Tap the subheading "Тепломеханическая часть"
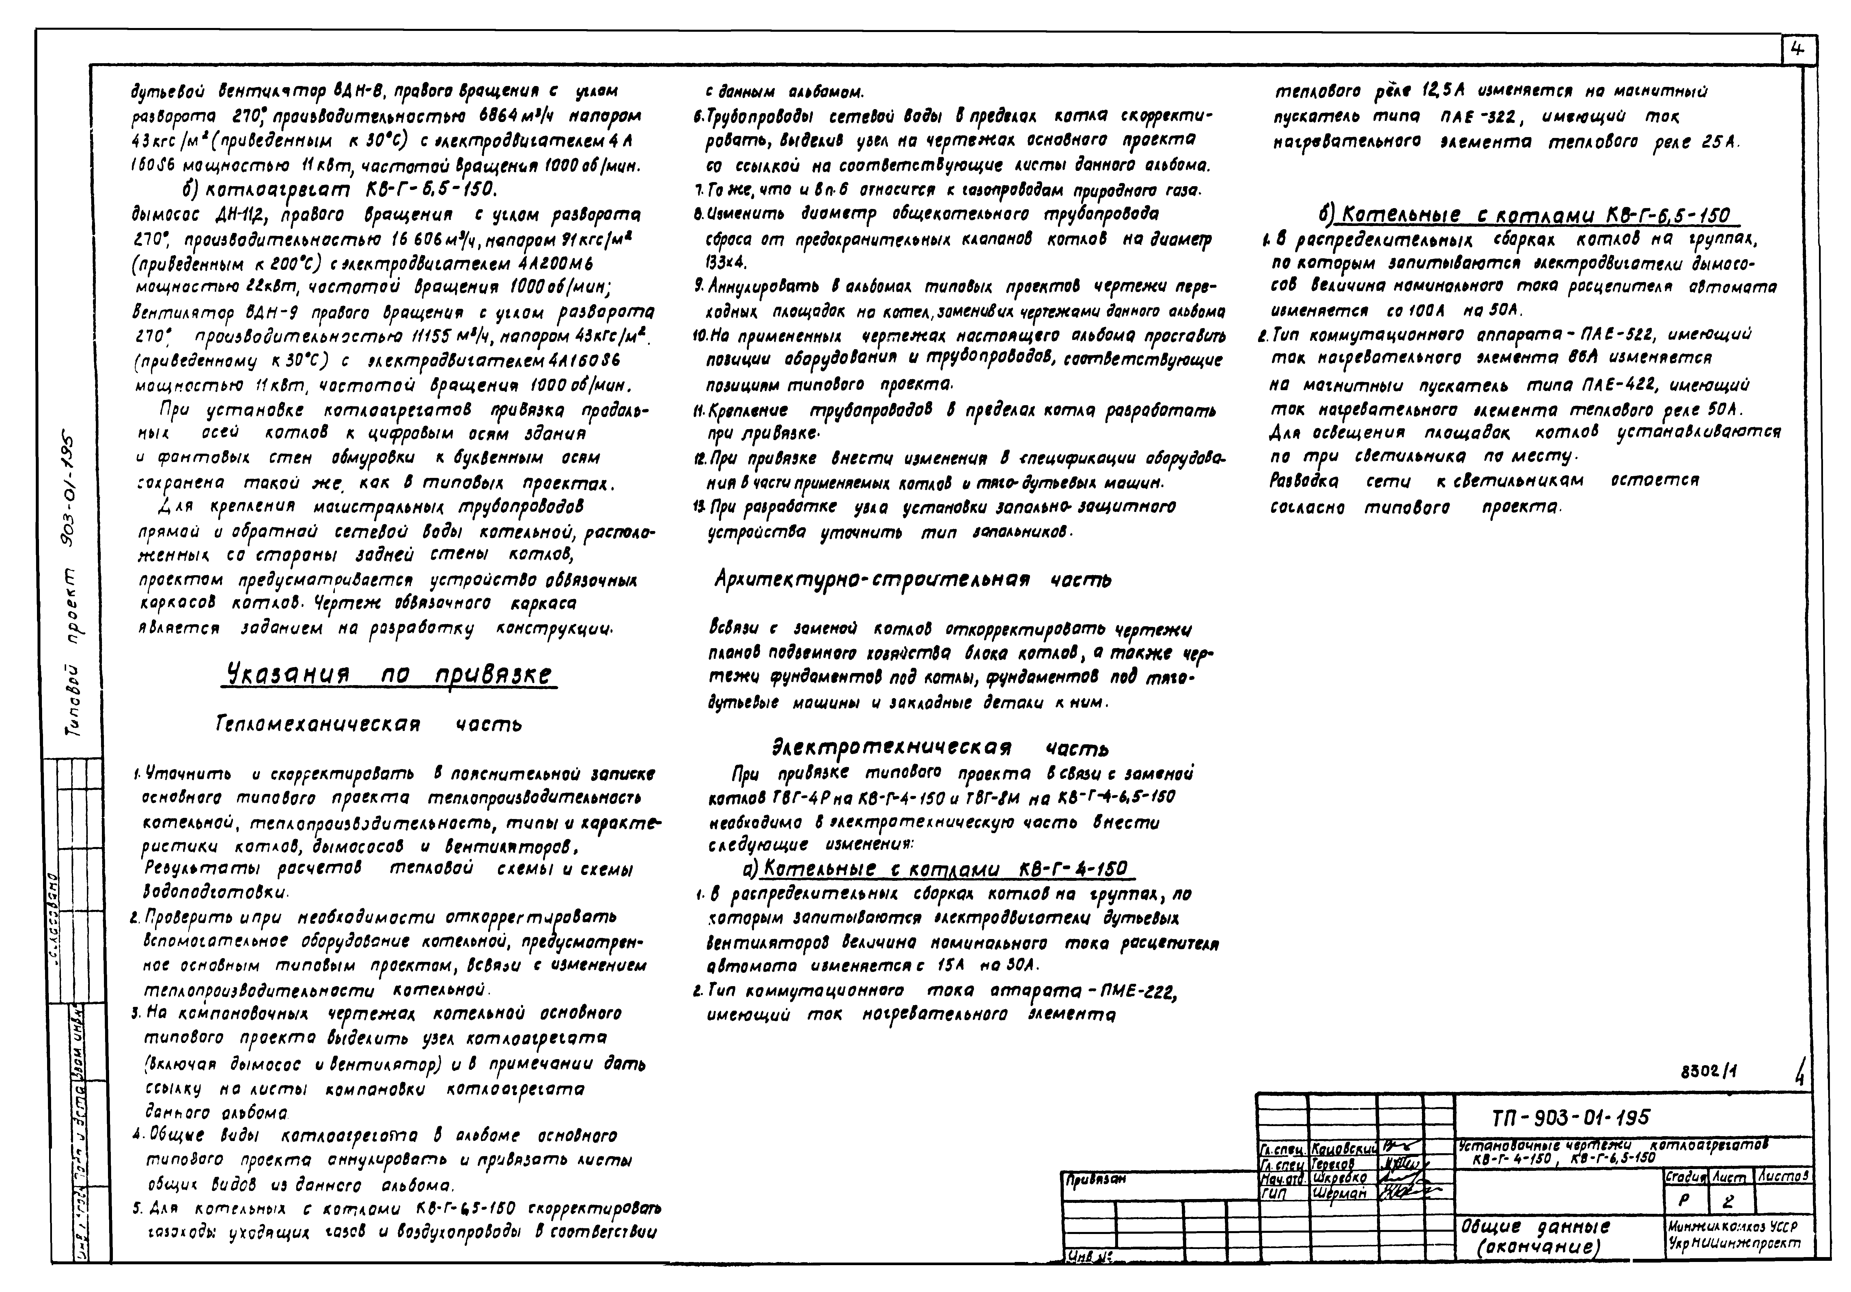click(x=368, y=725)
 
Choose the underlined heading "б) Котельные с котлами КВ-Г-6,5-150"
click(x=1524, y=215)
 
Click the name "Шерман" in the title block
click(x=1340, y=1194)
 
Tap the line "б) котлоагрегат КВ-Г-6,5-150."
click(x=339, y=189)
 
